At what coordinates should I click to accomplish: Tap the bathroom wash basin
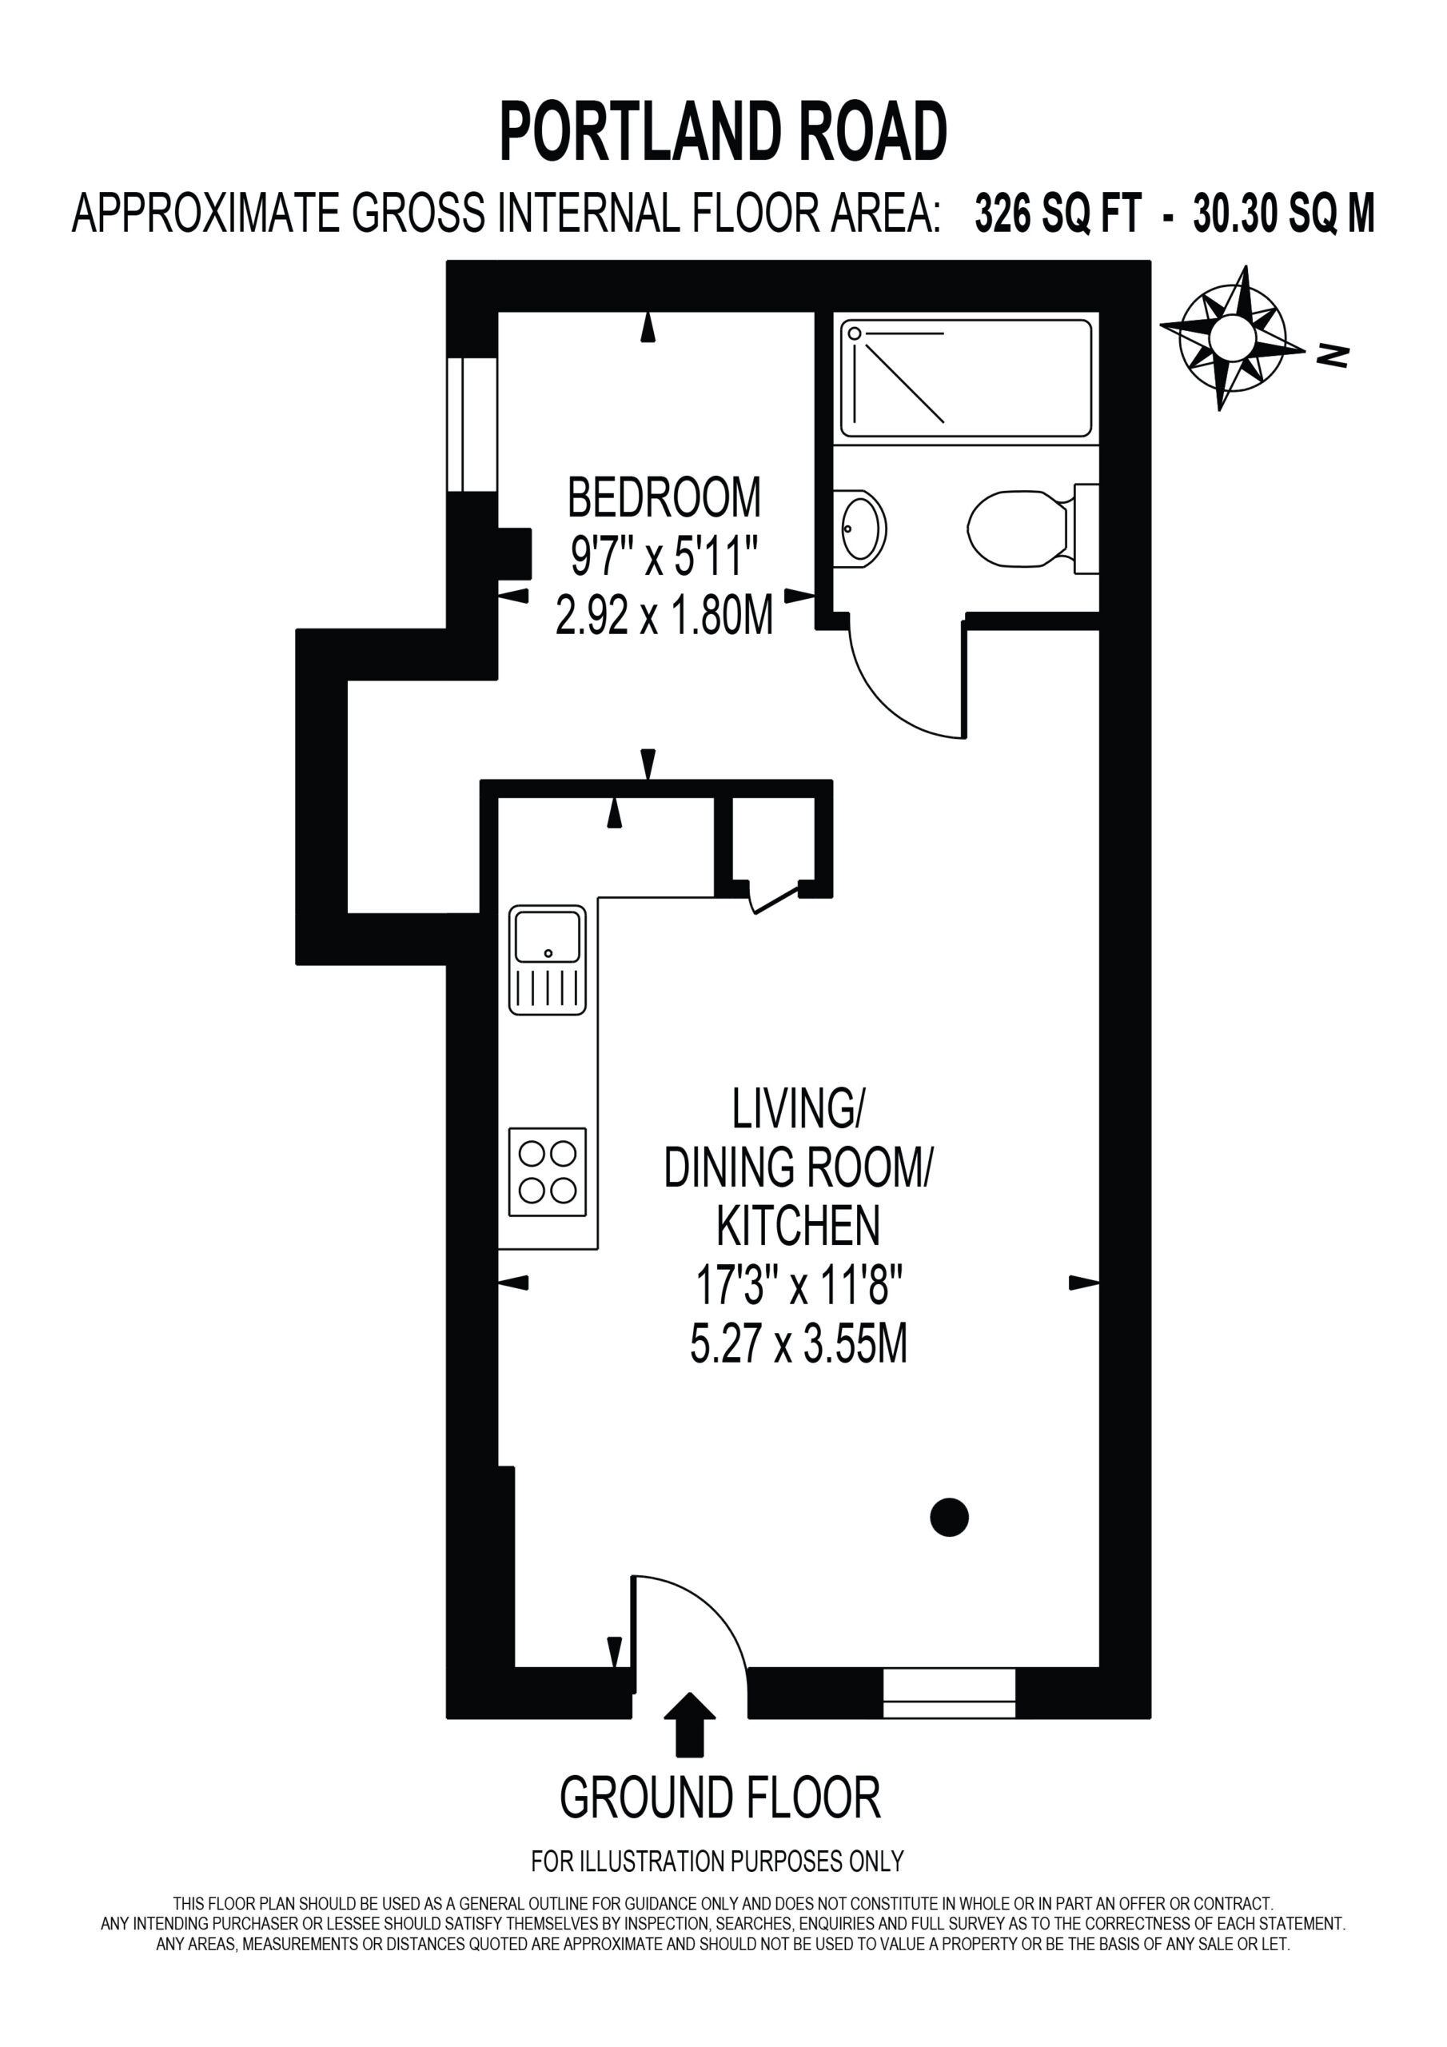tap(861, 529)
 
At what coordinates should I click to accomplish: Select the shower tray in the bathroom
tap(966, 378)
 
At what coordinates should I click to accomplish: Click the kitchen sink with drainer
tap(548, 960)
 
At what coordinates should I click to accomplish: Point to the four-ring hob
tap(548, 1172)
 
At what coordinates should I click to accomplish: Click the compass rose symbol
tap(1232, 338)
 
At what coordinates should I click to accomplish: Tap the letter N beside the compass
tap(1333, 356)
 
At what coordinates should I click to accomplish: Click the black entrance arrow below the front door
tap(689, 1724)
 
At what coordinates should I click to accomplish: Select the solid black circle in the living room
tap(949, 1517)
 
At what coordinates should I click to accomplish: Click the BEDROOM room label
tap(664, 497)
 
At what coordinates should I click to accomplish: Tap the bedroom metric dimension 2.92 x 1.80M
tap(664, 615)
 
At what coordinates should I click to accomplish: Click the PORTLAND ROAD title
tap(723, 131)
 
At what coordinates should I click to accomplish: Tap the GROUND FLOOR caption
tap(720, 1798)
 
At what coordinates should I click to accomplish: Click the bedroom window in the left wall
tap(472, 425)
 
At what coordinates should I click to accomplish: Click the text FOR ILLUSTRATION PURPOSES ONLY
tap(718, 1861)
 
